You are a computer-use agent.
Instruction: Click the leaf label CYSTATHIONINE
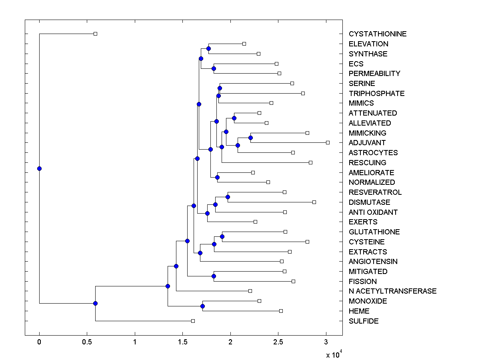tap(377, 34)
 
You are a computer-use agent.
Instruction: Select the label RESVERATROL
tap(375, 192)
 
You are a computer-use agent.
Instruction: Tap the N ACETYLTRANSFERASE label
tap(392, 291)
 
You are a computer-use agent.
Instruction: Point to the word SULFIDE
tap(364, 321)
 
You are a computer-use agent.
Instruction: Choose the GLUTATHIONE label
tap(374, 232)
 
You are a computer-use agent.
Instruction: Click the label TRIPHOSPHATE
tap(376, 94)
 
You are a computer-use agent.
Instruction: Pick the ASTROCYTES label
tap(373, 153)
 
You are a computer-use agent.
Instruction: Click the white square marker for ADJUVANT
tap(328, 142)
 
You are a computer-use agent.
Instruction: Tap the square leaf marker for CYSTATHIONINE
tap(95, 34)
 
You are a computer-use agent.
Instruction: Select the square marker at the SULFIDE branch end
tap(193, 321)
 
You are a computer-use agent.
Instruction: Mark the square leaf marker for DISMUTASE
tap(314, 202)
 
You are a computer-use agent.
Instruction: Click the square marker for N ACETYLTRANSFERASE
tap(250, 291)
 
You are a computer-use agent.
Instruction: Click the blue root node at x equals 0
tap(39, 168)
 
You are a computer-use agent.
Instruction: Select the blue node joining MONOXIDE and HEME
tap(202, 306)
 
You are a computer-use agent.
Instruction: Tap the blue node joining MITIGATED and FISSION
tap(214, 276)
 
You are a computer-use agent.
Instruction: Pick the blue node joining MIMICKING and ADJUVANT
tap(250, 138)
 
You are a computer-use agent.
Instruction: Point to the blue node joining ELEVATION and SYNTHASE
tap(208, 48)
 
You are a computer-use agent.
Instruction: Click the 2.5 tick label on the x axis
tap(278, 342)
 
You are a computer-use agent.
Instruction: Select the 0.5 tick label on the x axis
tap(87, 342)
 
